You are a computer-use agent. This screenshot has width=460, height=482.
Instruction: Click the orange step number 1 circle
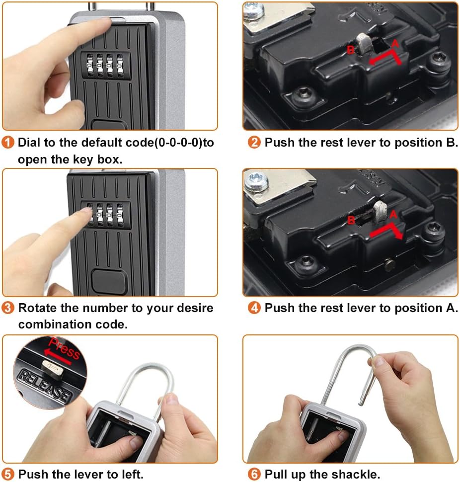click(x=7, y=142)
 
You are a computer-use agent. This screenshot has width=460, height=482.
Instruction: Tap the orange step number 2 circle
click(x=254, y=142)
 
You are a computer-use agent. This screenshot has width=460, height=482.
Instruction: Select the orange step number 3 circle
click(x=7, y=308)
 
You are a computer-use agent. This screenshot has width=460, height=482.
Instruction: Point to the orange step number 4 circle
click(x=254, y=308)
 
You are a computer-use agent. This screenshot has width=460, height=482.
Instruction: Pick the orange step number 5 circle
click(x=7, y=474)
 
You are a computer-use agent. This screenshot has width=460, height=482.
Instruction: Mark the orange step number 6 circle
click(x=254, y=474)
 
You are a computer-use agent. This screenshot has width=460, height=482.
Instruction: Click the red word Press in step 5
click(x=64, y=347)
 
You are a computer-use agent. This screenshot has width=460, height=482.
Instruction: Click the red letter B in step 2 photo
click(x=350, y=50)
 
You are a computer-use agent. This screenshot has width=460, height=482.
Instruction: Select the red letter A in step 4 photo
click(x=393, y=214)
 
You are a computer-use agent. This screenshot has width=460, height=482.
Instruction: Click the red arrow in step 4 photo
click(x=386, y=231)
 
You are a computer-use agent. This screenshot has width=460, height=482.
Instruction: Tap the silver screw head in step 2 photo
click(x=253, y=11)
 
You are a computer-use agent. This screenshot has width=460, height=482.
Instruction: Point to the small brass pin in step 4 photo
click(x=390, y=264)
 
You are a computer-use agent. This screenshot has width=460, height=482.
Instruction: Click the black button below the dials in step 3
click(x=109, y=281)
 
